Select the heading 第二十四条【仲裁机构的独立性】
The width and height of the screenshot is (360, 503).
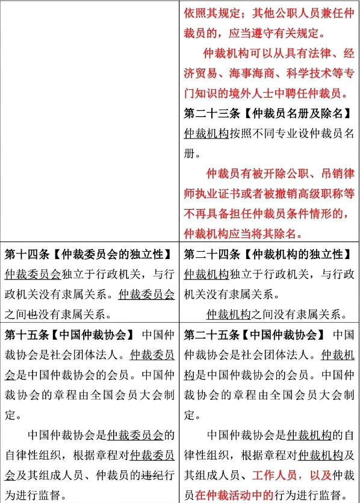pyautogui.click(x=268, y=255)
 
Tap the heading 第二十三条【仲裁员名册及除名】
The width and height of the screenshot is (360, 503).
pyautogui.click(x=268, y=113)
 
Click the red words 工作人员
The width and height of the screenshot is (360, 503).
pyautogui.click(x=275, y=475)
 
